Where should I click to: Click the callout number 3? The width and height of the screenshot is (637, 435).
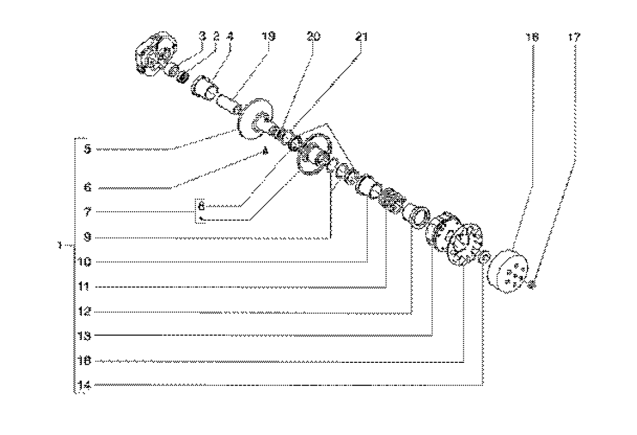click(x=202, y=37)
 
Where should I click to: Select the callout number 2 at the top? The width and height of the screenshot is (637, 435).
click(x=217, y=37)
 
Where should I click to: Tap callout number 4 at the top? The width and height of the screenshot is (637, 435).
click(x=231, y=37)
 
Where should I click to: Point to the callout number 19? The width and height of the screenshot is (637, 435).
click(x=268, y=37)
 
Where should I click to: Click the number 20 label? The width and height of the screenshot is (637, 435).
click(x=313, y=37)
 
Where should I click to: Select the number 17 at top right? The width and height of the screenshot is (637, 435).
click(x=574, y=37)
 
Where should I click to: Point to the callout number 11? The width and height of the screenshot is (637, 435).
click(x=84, y=287)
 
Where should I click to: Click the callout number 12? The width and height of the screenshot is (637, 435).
click(x=84, y=312)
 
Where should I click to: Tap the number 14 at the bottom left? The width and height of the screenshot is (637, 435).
click(x=84, y=386)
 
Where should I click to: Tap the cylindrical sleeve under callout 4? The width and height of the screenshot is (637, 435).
click(x=204, y=88)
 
